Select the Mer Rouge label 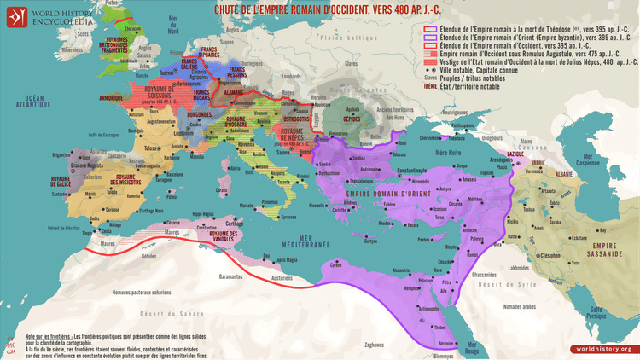coord(470,348)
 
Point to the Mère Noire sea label coord(447,150)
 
